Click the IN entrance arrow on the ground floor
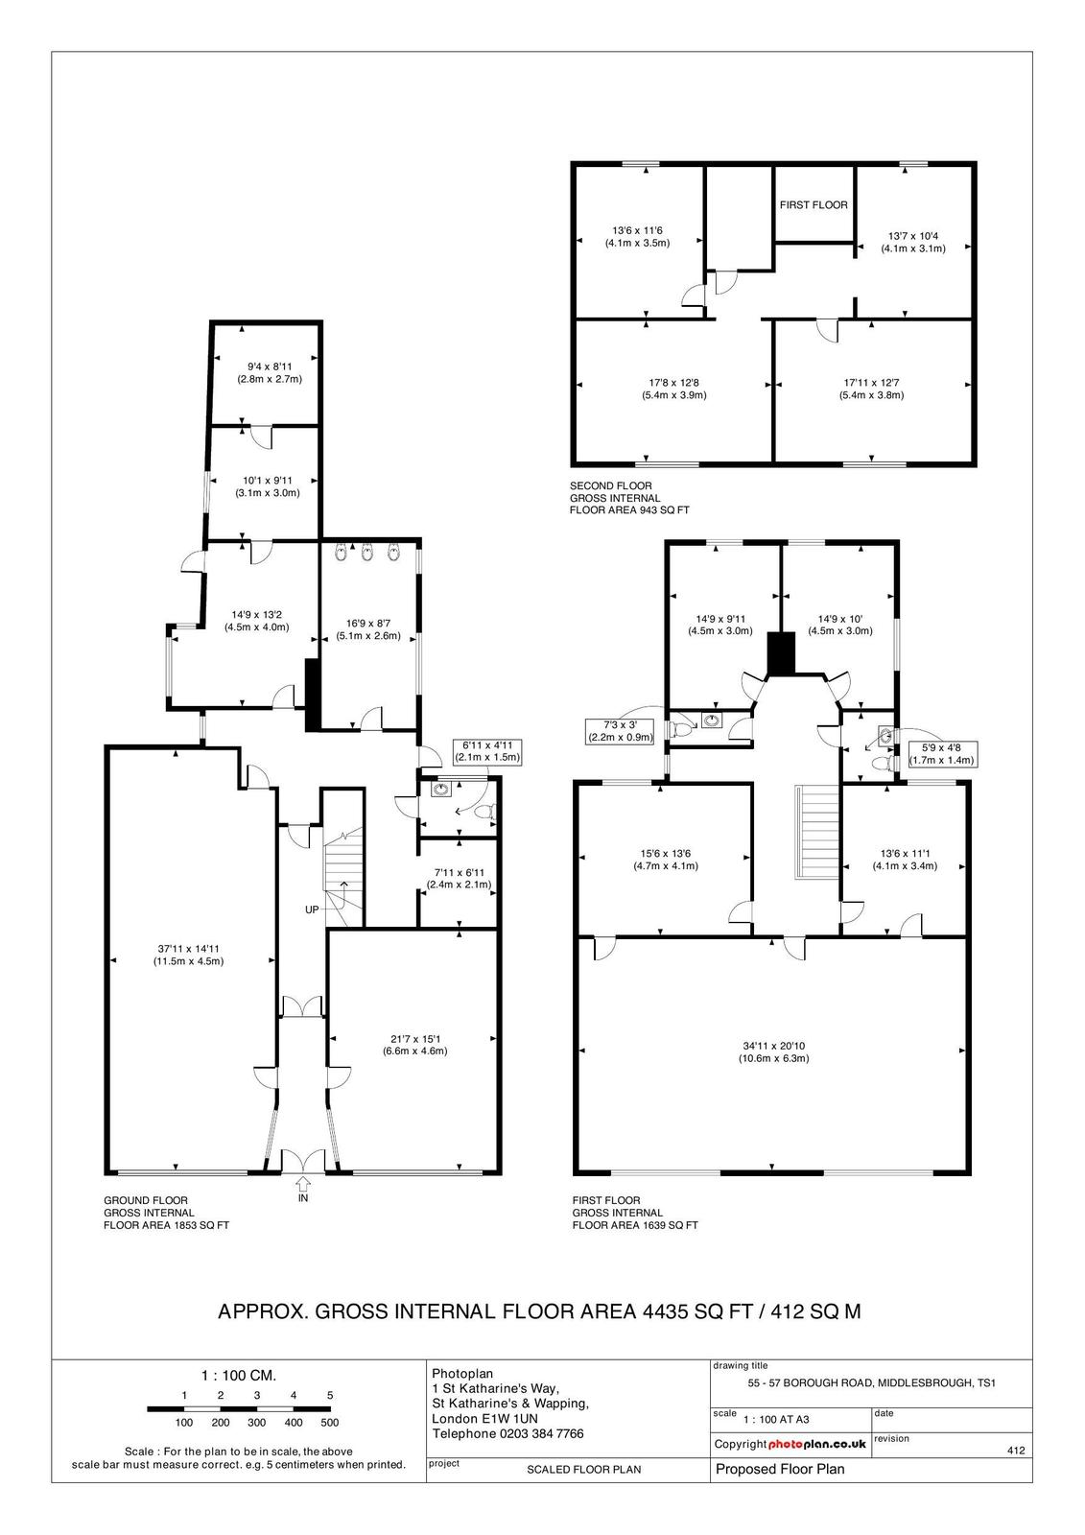303,1184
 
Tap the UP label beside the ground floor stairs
312,909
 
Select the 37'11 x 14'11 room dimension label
188,955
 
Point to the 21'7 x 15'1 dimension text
414,1045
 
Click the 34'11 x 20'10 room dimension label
774,1051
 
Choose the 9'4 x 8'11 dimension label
270,373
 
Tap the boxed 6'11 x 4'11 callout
487,752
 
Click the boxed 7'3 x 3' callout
620,731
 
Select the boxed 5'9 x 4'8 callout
942,754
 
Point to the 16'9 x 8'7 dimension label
368,629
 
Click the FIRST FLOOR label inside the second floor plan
814,205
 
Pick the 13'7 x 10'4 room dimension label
913,243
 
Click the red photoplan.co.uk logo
817,1444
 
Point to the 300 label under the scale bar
257,1423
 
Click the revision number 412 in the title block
1016,1450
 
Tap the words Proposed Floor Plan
780,1469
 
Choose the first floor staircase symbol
816,832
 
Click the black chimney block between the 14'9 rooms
780,653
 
